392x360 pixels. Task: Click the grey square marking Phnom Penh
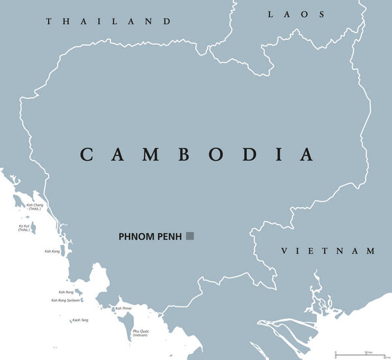point(190,236)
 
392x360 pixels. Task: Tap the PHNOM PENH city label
point(151,237)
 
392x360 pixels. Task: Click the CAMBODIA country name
point(197,155)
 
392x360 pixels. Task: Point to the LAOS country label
point(297,14)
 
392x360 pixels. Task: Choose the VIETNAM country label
point(328,251)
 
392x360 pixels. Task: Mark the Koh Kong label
point(52,251)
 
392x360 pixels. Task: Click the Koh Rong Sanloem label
point(65,301)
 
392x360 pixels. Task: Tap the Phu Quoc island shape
point(127,323)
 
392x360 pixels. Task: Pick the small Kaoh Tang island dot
point(93,320)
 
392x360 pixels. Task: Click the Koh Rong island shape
point(78,293)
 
